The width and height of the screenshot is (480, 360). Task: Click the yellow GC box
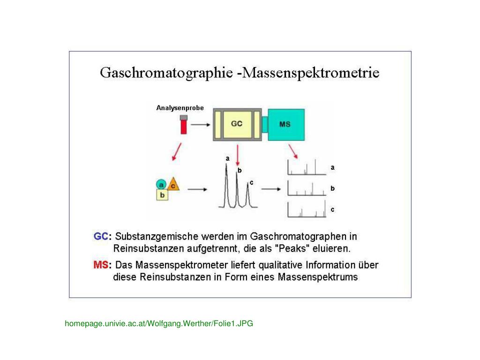pos(237,124)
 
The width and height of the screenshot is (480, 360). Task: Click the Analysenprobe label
pos(180,108)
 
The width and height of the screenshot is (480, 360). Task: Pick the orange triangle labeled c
pos(173,184)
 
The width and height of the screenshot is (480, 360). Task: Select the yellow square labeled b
pos(162,195)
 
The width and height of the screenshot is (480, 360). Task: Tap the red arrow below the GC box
pos(238,153)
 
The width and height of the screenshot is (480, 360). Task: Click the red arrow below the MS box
pos(293,150)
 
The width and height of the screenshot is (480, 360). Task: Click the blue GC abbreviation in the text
pos(101,236)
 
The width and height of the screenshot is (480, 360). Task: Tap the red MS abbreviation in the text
pos(101,265)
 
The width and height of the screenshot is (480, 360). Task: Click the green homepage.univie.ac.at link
pos(159,323)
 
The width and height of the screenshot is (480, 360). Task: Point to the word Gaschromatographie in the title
pos(166,74)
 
